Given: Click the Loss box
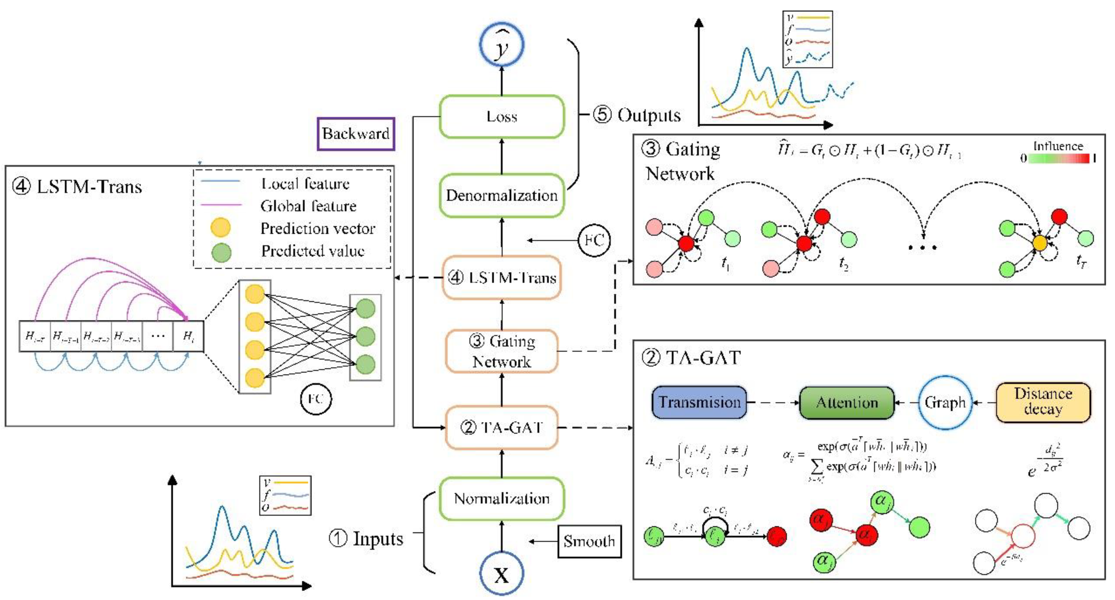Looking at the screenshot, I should [x=502, y=116].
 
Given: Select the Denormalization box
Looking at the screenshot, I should [x=502, y=195].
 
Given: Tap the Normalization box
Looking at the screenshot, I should [x=502, y=499].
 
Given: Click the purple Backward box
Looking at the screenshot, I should [x=356, y=134].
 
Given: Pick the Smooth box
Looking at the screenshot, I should [x=589, y=541].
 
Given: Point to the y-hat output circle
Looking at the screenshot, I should [x=502, y=44].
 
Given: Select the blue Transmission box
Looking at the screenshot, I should [x=699, y=402].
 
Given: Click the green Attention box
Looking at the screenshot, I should [x=846, y=402].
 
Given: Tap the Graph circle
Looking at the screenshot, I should [x=945, y=402].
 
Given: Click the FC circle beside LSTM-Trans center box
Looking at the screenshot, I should [x=594, y=240].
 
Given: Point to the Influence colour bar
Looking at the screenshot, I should [x=1058, y=159].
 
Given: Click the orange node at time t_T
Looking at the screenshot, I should [x=1040, y=243].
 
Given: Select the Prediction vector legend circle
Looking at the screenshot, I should [x=220, y=228].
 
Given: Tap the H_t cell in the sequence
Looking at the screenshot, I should [x=188, y=336].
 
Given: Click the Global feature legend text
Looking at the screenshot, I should [x=308, y=206].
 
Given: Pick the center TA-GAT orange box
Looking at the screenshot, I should [x=502, y=428].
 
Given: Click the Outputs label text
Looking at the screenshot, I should [x=648, y=115].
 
